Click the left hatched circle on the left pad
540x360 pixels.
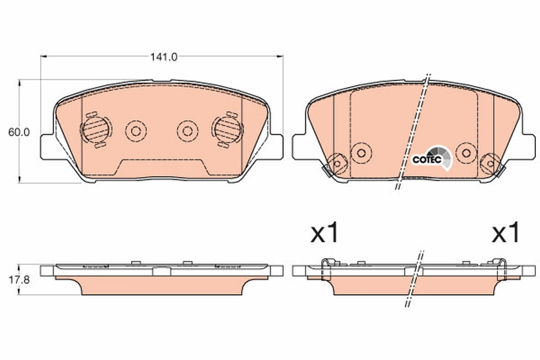[x=95, y=129]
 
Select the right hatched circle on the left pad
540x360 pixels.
[x=227, y=129]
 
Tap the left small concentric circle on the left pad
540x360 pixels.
[x=136, y=131]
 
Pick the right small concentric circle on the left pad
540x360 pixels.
[x=188, y=131]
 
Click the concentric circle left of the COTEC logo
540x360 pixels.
[x=361, y=153]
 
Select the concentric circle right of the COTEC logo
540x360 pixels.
[x=466, y=153]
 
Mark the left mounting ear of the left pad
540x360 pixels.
[x=47, y=147]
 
